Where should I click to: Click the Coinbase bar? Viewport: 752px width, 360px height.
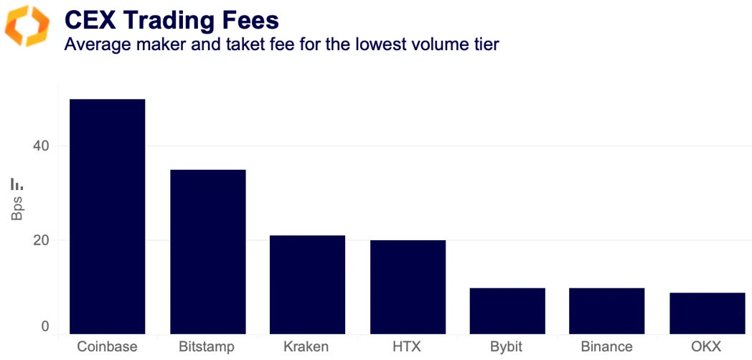pyautogui.click(x=108, y=216)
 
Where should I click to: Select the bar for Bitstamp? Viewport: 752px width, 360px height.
pyautogui.click(x=207, y=251)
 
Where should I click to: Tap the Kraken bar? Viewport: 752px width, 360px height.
pyautogui.click(x=307, y=284)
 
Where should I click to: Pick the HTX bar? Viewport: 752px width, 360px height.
pyautogui.click(x=408, y=286)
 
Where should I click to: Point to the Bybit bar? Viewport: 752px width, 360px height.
pyautogui.click(x=507, y=311)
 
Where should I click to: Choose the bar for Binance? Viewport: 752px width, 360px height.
pyautogui.click(x=606, y=311)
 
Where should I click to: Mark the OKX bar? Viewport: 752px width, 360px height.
pyautogui.click(x=706, y=313)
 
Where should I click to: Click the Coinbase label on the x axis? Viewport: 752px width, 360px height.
pyautogui.click(x=108, y=347)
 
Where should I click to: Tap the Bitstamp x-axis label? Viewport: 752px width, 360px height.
pyautogui.click(x=207, y=347)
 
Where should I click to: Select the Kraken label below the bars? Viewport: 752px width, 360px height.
pyautogui.click(x=307, y=347)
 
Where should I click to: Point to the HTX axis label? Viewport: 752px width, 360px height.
pyautogui.click(x=408, y=347)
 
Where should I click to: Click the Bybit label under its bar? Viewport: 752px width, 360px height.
pyautogui.click(x=507, y=347)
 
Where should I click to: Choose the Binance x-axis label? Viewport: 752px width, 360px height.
pyautogui.click(x=606, y=347)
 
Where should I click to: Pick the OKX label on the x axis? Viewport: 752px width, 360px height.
pyautogui.click(x=706, y=347)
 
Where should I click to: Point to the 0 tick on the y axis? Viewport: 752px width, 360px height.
pyautogui.click(x=44, y=327)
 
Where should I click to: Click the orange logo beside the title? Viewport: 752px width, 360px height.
pyautogui.click(x=27, y=26)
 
